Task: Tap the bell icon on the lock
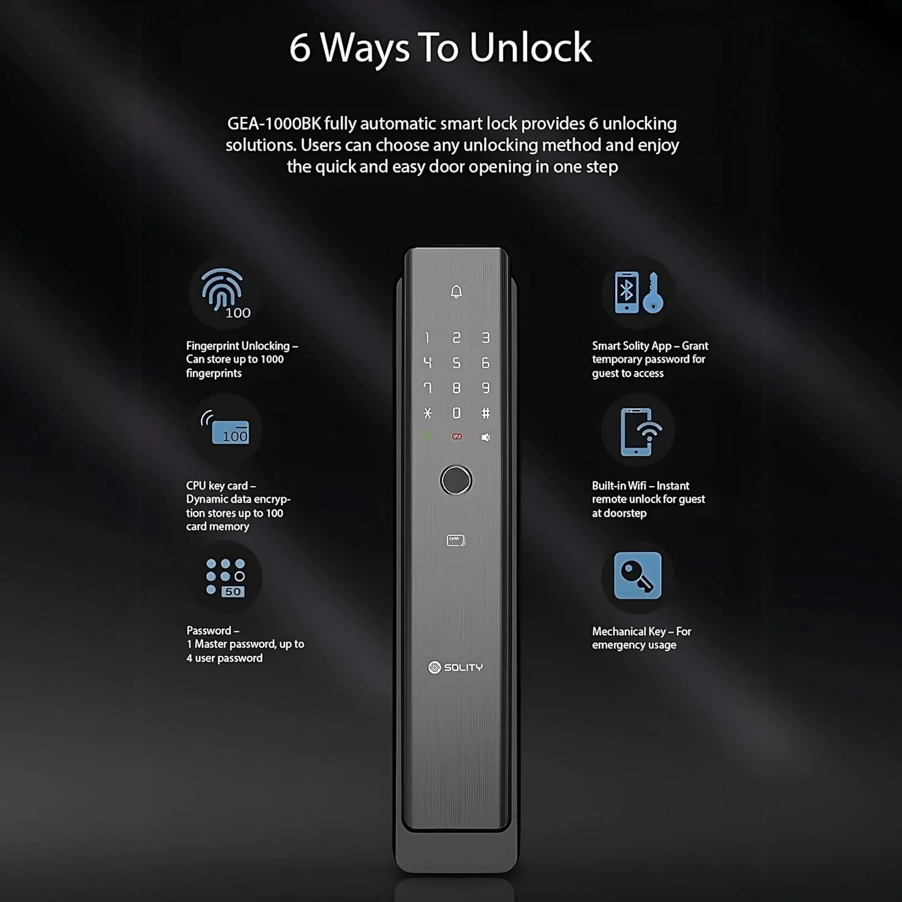tap(456, 292)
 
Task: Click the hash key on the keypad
tap(486, 413)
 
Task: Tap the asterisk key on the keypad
tap(428, 413)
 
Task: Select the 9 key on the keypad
tap(486, 388)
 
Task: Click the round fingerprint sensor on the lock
tap(456, 480)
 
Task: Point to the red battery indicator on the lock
tap(456, 437)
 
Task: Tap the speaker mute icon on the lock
tap(486, 437)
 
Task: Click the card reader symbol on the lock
tap(456, 541)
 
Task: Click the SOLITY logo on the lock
tap(456, 667)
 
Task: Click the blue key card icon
tap(225, 427)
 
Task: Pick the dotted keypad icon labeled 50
tap(226, 578)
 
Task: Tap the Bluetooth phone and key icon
tap(639, 292)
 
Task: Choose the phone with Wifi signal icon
tap(640, 432)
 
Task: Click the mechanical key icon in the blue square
tap(637, 575)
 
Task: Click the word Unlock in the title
tap(531, 48)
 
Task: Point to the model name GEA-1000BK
tap(274, 124)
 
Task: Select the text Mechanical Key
tap(629, 631)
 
